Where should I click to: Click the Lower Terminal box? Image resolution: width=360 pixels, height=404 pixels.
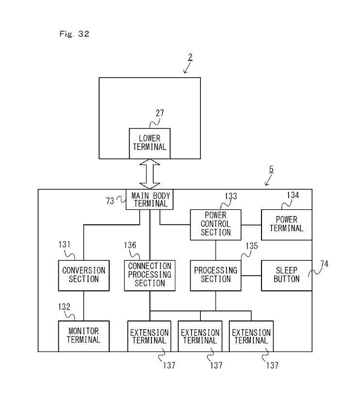[x=149, y=143]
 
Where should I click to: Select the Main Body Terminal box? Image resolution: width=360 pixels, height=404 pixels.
[x=149, y=200]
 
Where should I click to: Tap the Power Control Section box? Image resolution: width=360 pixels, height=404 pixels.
[x=216, y=224]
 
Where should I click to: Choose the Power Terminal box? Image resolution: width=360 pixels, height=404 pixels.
[x=286, y=224]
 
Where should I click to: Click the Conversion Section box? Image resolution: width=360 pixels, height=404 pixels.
[x=84, y=275]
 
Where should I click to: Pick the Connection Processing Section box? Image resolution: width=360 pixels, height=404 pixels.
[x=149, y=275]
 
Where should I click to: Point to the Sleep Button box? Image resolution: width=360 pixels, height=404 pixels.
[x=286, y=275]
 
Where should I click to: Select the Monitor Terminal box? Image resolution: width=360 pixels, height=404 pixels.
[x=83, y=336]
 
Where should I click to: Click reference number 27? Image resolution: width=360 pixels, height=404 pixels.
[x=160, y=113]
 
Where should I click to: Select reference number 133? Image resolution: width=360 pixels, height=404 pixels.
[x=231, y=196]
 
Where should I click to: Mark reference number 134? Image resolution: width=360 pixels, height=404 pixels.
[x=293, y=195]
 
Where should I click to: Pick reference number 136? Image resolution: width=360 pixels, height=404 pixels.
[x=130, y=246]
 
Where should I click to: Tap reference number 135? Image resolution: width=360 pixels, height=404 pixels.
[x=251, y=246]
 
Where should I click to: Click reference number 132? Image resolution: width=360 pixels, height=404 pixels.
[x=64, y=307]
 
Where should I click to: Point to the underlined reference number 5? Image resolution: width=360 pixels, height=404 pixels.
[x=271, y=169]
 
